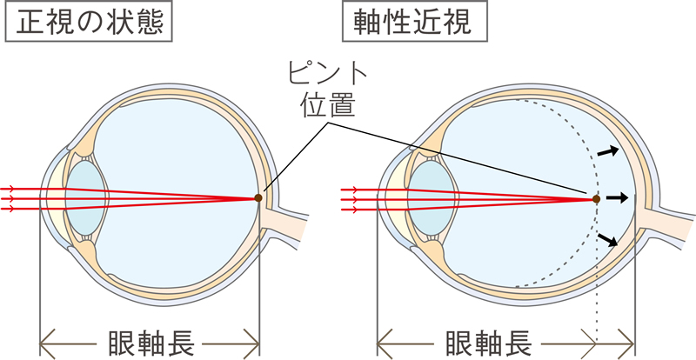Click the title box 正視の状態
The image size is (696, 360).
pos(89,22)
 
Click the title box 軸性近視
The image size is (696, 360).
pos(415,22)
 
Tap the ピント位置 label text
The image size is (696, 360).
pos(328,91)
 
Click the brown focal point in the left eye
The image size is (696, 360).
pos(258,198)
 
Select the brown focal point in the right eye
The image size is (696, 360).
pos(596,199)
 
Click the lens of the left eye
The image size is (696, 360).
pos(85,198)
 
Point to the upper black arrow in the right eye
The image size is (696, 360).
pos(607,151)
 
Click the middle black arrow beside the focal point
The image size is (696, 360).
pos(618,198)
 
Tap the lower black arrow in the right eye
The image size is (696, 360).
pos(608,240)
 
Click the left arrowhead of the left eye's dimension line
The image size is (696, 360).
pos(47,344)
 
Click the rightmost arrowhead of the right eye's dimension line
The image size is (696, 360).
pos(627,344)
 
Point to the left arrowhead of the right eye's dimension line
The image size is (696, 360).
pos(385,344)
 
